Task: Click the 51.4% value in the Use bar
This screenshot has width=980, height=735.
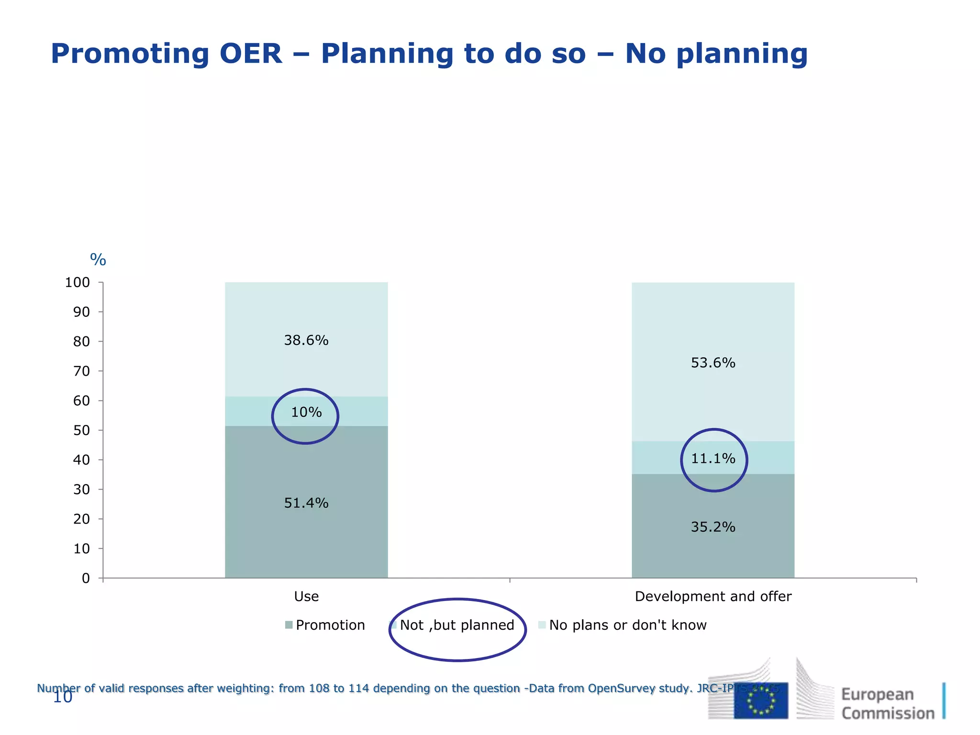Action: pyautogui.click(x=306, y=503)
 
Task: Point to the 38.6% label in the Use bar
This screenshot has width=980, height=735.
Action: pyautogui.click(x=306, y=340)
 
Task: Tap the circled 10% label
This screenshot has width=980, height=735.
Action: pyautogui.click(x=306, y=412)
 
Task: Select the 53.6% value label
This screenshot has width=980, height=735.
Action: pyautogui.click(x=713, y=363)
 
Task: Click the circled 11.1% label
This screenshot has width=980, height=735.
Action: pyautogui.click(x=713, y=458)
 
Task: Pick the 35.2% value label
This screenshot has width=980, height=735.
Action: pyautogui.click(x=713, y=527)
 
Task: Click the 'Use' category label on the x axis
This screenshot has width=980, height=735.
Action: pyautogui.click(x=306, y=596)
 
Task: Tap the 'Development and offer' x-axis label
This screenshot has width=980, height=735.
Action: pyautogui.click(x=713, y=596)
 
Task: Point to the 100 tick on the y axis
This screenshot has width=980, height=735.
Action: pyautogui.click(x=78, y=282)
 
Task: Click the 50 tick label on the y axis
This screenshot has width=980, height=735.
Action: pyautogui.click(x=81, y=430)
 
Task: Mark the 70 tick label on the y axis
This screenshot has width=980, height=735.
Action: pyautogui.click(x=81, y=371)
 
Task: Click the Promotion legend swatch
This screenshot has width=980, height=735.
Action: pyautogui.click(x=289, y=625)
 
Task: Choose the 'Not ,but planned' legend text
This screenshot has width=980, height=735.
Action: pyautogui.click(x=457, y=625)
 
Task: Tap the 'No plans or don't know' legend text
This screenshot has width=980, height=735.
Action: pyautogui.click(x=628, y=625)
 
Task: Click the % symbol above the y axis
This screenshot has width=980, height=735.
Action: pyautogui.click(x=98, y=260)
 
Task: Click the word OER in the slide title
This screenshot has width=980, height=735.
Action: pyautogui.click(x=251, y=54)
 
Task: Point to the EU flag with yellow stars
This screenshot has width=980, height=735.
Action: pyautogui.click(x=761, y=701)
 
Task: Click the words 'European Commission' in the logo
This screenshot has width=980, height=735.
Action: pyautogui.click(x=888, y=703)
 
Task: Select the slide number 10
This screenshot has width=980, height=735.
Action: pyautogui.click(x=62, y=697)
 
